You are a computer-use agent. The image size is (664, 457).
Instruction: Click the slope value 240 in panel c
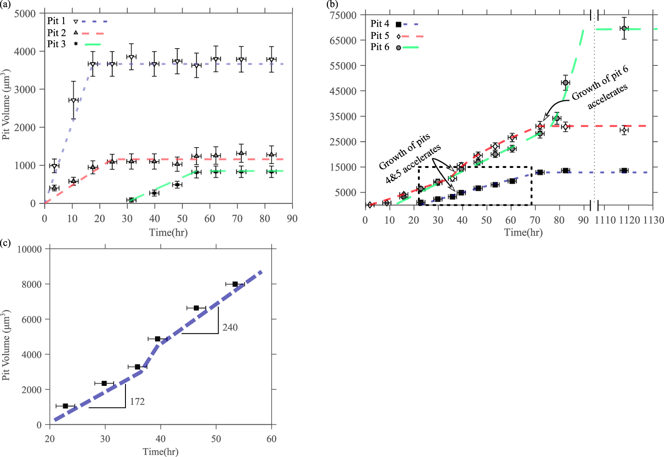(230, 328)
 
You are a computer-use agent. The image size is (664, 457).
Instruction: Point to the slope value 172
(137, 402)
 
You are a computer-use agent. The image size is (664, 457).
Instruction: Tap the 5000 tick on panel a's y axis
(25, 14)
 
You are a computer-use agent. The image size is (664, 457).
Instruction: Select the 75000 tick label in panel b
(343, 15)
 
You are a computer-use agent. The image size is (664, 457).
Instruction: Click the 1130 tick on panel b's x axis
(653, 220)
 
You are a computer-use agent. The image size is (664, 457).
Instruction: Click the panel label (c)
(5, 243)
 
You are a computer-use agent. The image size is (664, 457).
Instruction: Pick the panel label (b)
(332, 4)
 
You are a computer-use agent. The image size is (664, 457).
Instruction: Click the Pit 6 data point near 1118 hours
(624, 28)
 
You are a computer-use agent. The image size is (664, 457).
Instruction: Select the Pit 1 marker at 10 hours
(73, 101)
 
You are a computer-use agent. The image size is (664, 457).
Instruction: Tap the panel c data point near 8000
(235, 284)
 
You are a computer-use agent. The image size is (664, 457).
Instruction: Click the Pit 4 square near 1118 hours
(624, 171)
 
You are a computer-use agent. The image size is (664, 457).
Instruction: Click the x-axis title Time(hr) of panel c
(160, 451)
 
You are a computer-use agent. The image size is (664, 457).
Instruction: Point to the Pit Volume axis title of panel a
(6, 104)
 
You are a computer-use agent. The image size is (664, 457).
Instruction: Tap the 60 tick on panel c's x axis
(271, 439)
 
